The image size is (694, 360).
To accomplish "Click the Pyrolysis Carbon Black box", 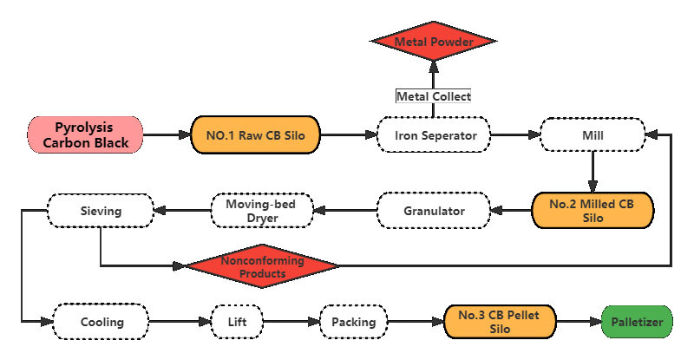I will point(85,135).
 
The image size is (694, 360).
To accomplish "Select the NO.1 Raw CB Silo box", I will point(256,135).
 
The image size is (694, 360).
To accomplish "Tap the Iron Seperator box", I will point(432,135).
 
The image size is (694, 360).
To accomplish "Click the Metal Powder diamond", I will point(433,42).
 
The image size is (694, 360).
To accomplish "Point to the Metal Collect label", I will point(433,96).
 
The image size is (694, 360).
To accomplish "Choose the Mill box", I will point(593,135).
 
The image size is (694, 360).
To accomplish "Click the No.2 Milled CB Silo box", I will point(593,211).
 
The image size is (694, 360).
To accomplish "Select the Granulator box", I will point(433,211).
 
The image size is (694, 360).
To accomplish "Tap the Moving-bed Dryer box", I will point(261,211).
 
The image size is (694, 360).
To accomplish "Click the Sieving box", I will point(100,210).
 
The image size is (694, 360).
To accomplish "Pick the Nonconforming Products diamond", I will point(263,266).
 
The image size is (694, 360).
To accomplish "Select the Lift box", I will point(238,322).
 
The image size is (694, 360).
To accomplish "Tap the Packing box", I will point(353,322).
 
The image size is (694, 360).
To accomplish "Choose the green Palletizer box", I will point(636,322).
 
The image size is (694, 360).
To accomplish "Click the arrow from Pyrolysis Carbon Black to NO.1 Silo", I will point(167,135).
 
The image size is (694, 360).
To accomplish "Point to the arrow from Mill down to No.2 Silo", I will point(593,173).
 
